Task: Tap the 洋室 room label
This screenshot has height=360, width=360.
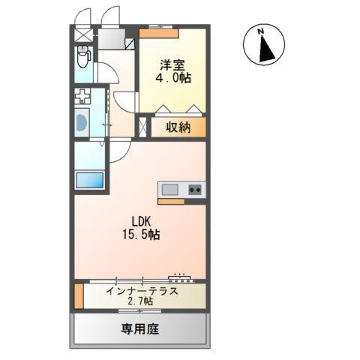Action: tap(170, 64)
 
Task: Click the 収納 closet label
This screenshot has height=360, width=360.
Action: tap(178, 127)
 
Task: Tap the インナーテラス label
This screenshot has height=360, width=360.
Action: tap(142, 291)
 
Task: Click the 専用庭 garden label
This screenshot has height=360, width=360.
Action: tap(140, 328)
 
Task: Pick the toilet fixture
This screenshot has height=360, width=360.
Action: tap(83, 55)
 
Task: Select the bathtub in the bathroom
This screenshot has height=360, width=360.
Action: tap(82, 122)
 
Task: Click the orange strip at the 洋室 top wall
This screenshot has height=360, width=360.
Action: tap(159, 34)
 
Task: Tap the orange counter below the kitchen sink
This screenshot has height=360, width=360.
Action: tap(172, 201)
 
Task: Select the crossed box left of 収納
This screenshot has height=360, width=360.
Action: tap(143, 127)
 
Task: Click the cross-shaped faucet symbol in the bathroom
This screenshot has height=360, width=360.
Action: tap(82, 97)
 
